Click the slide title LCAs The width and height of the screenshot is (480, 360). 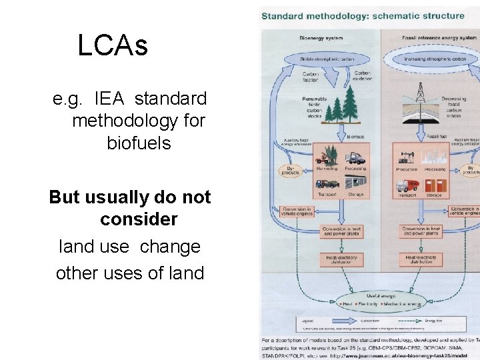pos(112,46)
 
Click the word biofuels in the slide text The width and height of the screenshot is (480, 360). pos(139,143)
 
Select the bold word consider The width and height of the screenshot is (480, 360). pos(139,219)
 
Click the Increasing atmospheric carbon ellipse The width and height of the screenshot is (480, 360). pos(435,59)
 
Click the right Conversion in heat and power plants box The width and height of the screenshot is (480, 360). pos(421,231)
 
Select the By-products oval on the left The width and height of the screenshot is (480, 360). pos(291,171)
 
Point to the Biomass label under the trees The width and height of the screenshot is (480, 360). pos(356,136)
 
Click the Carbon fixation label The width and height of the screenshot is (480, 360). pos(310,78)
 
